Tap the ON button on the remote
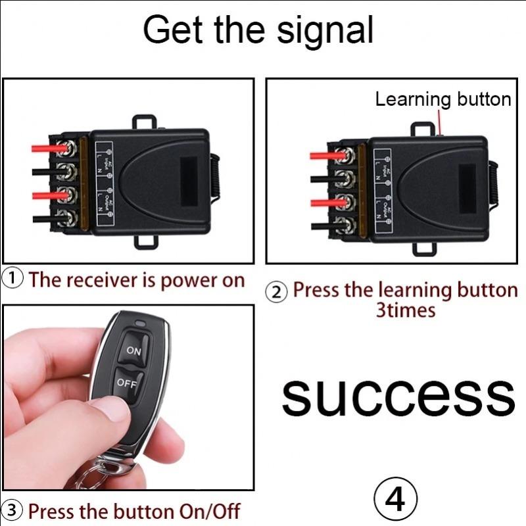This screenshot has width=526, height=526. pyautogui.click(x=134, y=351)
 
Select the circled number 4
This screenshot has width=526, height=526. pyautogui.click(x=396, y=500)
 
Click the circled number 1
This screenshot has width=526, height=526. pyautogui.click(x=14, y=279)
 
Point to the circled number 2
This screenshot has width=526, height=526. pyautogui.click(x=279, y=292)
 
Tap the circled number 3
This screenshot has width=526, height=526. pyautogui.click(x=13, y=510)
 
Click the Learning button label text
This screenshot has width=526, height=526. pyautogui.click(x=442, y=99)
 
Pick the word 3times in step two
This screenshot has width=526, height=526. pyautogui.click(x=405, y=310)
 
